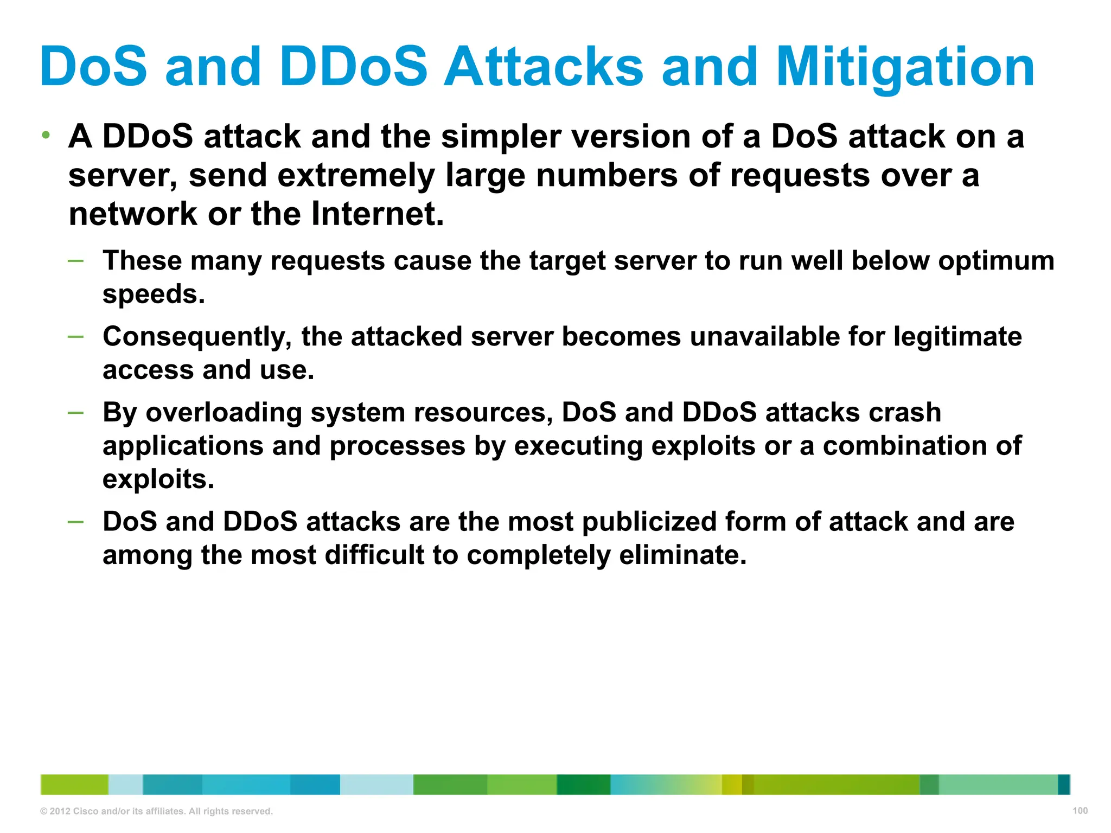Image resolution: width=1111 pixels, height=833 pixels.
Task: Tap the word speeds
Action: [x=154, y=294]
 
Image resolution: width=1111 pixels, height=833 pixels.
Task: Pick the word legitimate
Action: [x=957, y=337]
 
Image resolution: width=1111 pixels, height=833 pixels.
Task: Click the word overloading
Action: [x=224, y=413]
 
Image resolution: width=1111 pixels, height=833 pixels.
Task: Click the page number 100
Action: [x=1080, y=811]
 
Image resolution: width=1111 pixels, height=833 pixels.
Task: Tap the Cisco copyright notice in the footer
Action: [x=156, y=811]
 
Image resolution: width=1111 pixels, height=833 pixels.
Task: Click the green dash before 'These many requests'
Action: [x=76, y=261]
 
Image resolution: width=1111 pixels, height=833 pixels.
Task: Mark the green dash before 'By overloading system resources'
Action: [x=76, y=413]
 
